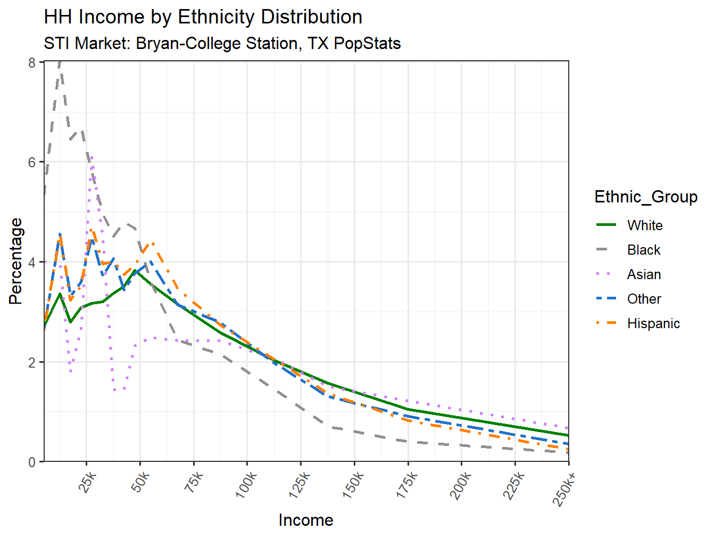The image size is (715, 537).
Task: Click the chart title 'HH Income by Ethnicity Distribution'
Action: (x=203, y=17)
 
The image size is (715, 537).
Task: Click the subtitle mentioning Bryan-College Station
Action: (x=222, y=43)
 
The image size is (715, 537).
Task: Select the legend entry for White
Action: (x=644, y=225)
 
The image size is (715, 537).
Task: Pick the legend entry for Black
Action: (x=643, y=250)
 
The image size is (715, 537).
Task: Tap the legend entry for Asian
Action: (x=644, y=274)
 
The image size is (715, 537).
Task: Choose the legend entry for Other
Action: (x=644, y=299)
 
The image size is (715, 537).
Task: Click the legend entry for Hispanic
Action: (x=653, y=323)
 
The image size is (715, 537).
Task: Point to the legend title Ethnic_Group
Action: (x=645, y=197)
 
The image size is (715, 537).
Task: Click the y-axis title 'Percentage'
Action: (x=16, y=261)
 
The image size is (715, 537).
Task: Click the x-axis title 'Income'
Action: (x=306, y=520)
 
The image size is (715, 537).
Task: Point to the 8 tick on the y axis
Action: (x=32, y=62)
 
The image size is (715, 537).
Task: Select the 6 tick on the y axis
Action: (x=32, y=162)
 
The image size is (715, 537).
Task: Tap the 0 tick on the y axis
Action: (x=32, y=462)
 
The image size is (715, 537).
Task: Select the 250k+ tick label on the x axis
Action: (x=564, y=488)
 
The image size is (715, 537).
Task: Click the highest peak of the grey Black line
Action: (x=60, y=63)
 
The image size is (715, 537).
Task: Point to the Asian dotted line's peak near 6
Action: (x=92, y=157)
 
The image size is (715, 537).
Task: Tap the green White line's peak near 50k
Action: (x=136, y=271)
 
